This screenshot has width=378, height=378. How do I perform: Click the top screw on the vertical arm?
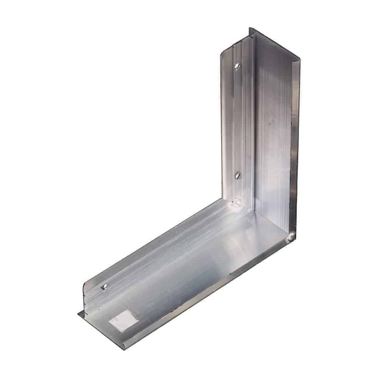237,65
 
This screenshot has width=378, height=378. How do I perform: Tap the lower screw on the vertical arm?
238,175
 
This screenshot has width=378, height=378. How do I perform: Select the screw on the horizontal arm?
105,286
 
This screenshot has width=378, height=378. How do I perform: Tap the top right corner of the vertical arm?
300,59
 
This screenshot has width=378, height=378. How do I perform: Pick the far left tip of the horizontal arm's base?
78,313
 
